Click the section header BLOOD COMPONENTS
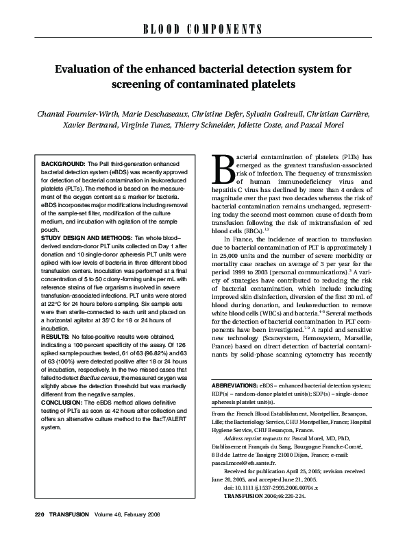203,29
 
